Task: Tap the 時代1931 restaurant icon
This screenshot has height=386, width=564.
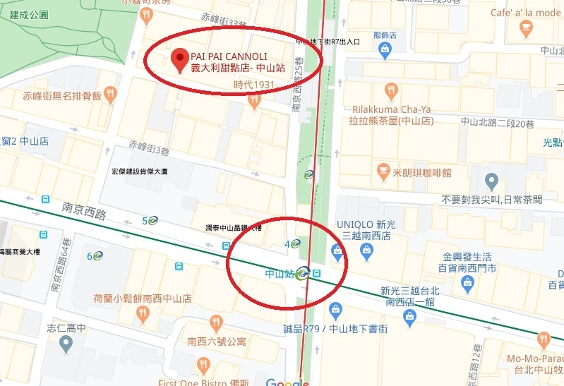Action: pyautogui.click(x=255, y=101)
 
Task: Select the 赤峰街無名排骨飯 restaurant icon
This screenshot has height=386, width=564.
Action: pyautogui.click(x=109, y=95)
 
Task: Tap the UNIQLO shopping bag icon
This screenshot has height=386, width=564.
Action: pyautogui.click(x=337, y=251)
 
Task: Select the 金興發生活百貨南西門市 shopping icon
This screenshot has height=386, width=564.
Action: pyautogui.click(x=467, y=282)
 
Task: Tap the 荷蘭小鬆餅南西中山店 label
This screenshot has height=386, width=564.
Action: pyautogui.click(x=143, y=298)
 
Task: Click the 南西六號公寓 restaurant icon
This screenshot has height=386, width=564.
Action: pyautogui.click(x=215, y=324)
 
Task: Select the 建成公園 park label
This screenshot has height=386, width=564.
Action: pyautogui.click(x=25, y=14)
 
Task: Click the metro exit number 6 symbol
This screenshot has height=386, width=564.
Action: pyautogui.click(x=97, y=255)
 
